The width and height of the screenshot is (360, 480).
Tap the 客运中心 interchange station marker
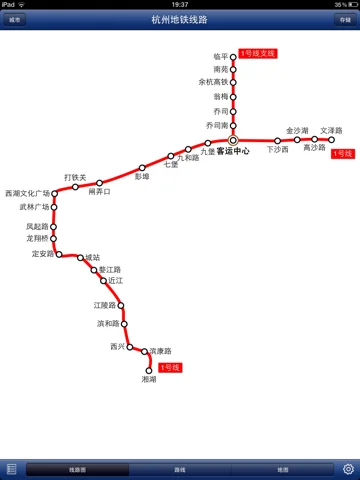(233, 140)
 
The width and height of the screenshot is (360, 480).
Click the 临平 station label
(220, 57)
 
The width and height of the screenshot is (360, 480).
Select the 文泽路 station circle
(331, 140)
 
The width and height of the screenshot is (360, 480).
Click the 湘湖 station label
(149, 380)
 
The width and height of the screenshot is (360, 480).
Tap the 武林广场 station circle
(53, 207)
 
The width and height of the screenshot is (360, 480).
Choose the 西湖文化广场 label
(27, 193)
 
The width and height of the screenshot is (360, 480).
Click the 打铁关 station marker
(75, 187)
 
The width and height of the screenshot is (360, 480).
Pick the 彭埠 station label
(142, 176)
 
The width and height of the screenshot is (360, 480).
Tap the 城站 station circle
(80, 257)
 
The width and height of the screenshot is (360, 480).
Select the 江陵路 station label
(105, 304)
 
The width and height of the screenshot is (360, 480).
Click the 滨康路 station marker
(145, 352)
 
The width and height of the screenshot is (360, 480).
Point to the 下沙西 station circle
(277, 140)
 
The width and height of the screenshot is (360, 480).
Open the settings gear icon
(349, 468)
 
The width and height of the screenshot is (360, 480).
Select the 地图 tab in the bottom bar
(282, 468)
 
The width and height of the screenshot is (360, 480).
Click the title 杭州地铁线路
(180, 18)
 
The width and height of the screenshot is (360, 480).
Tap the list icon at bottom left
(11, 468)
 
